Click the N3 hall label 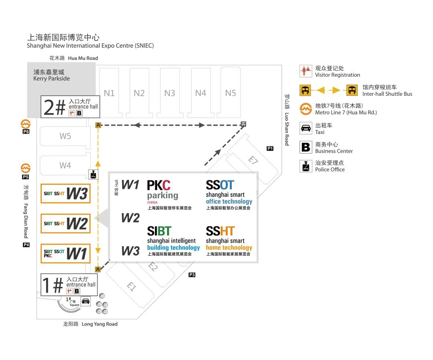(170, 93)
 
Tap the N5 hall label (231, 93)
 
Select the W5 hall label (65, 136)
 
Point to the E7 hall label (252, 160)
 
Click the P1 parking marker (270, 149)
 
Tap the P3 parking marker (192, 275)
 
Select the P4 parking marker (26, 245)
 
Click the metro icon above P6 (26, 124)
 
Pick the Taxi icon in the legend (306, 128)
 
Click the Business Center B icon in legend (306, 147)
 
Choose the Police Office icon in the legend (306, 166)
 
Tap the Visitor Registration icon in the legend (306, 71)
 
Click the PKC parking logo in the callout (162, 190)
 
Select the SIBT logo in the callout (159, 231)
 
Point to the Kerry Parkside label (51, 75)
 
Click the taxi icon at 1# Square (85, 301)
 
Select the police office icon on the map (93, 174)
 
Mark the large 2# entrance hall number (54, 107)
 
